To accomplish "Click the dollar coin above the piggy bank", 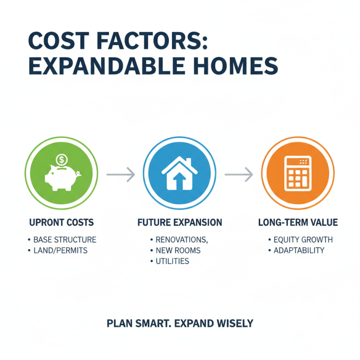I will (x=62, y=159).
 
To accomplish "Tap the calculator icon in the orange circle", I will (x=298, y=173).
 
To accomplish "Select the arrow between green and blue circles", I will (x=120, y=174).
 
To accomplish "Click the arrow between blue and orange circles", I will (x=238, y=174).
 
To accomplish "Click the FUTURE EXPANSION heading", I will (x=179, y=223).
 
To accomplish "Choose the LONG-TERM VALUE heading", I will (x=298, y=223).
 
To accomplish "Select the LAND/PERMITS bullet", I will (x=60, y=250).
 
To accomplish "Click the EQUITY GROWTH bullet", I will (x=303, y=240).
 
